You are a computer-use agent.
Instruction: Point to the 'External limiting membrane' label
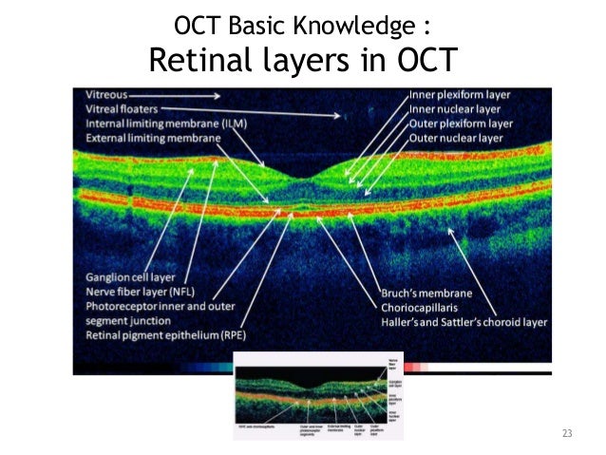[x=153, y=138]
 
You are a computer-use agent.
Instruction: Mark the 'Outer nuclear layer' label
[x=457, y=139]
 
